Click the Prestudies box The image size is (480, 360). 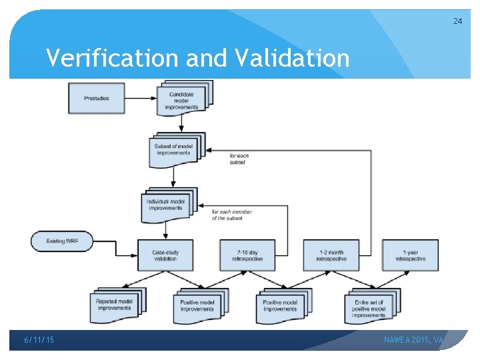coord(97,99)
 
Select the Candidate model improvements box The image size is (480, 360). coord(183,101)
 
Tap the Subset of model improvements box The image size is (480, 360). coord(173,151)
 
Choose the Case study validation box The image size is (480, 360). coord(165,255)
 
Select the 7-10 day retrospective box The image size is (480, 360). coord(247,255)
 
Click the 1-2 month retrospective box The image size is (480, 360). coord(330,255)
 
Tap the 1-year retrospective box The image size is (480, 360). coord(410,255)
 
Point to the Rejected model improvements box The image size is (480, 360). coord(114,305)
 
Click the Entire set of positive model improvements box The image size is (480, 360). coord(370,308)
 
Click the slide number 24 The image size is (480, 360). coord(457,21)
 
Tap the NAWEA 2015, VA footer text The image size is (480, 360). coord(413,341)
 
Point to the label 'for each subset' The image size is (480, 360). coord(238,159)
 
